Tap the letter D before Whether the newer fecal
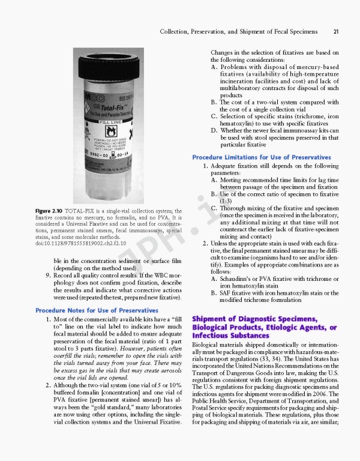[214, 130]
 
